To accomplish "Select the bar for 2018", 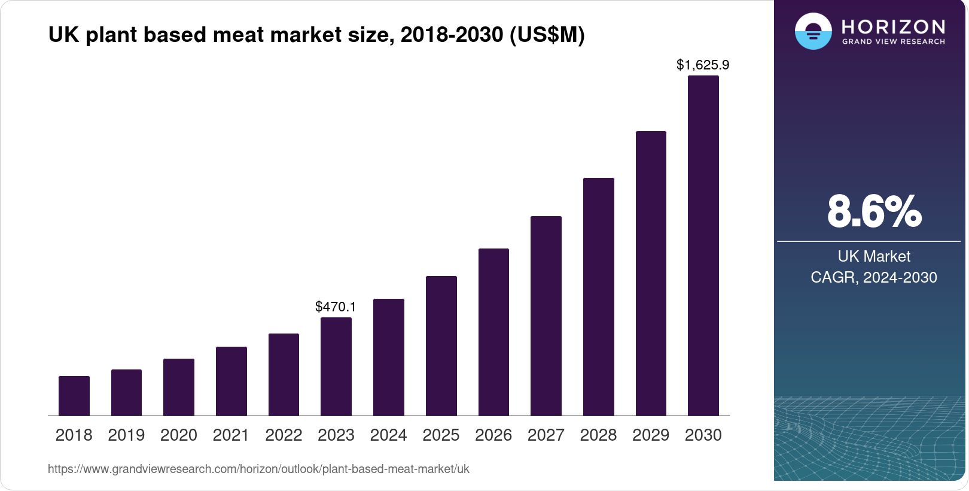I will pos(74,396).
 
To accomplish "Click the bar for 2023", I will pos(336,366).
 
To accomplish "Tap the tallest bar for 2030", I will pos(703,245).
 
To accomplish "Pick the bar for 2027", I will pos(546,316).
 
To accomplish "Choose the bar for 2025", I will pos(441,345).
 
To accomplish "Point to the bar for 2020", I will pos(179,387).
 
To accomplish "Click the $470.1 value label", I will pos(336,307).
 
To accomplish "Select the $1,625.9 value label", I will pos(703,65).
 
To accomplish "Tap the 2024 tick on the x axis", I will pos(388,435).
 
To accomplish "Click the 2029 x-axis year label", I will pos(651,435).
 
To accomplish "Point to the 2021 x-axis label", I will pos(231,435).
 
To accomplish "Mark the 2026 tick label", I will pos(493,435).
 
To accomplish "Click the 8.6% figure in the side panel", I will pos(874,211).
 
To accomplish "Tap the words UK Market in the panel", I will pos(874,256).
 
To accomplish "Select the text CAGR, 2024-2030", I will pos(874,277).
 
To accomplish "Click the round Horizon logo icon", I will pos(813,31).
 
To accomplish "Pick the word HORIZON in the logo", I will pos(894,26).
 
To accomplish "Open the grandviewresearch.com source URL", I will pos(258,469).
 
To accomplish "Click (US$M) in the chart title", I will pos(547,35).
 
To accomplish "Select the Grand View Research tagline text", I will pos(894,42).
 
